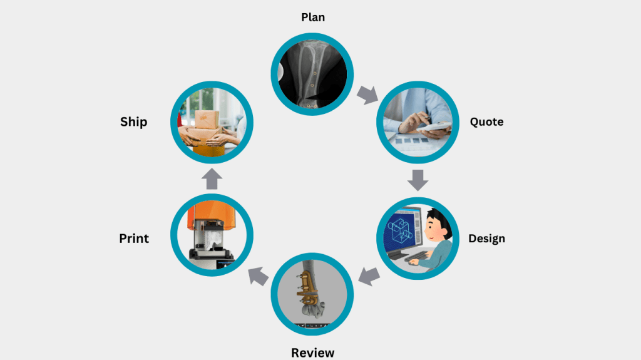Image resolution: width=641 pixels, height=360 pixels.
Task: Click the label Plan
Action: click(x=313, y=17)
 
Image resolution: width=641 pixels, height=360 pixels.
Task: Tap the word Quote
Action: click(x=486, y=121)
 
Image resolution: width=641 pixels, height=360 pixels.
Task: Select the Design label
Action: click(x=486, y=239)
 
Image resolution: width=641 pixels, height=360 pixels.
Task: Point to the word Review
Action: click(x=313, y=352)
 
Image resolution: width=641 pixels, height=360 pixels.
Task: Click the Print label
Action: click(x=134, y=239)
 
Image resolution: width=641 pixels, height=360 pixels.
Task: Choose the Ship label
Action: click(x=133, y=121)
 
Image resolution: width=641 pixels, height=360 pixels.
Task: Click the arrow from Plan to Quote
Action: click(x=368, y=95)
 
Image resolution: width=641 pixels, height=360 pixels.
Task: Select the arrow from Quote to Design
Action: click(x=418, y=179)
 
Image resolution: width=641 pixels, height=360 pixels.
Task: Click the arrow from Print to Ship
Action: click(x=212, y=179)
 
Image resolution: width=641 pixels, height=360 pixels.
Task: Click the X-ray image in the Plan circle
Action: click(x=311, y=74)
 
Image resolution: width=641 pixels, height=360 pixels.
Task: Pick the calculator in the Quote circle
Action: click(x=438, y=126)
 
